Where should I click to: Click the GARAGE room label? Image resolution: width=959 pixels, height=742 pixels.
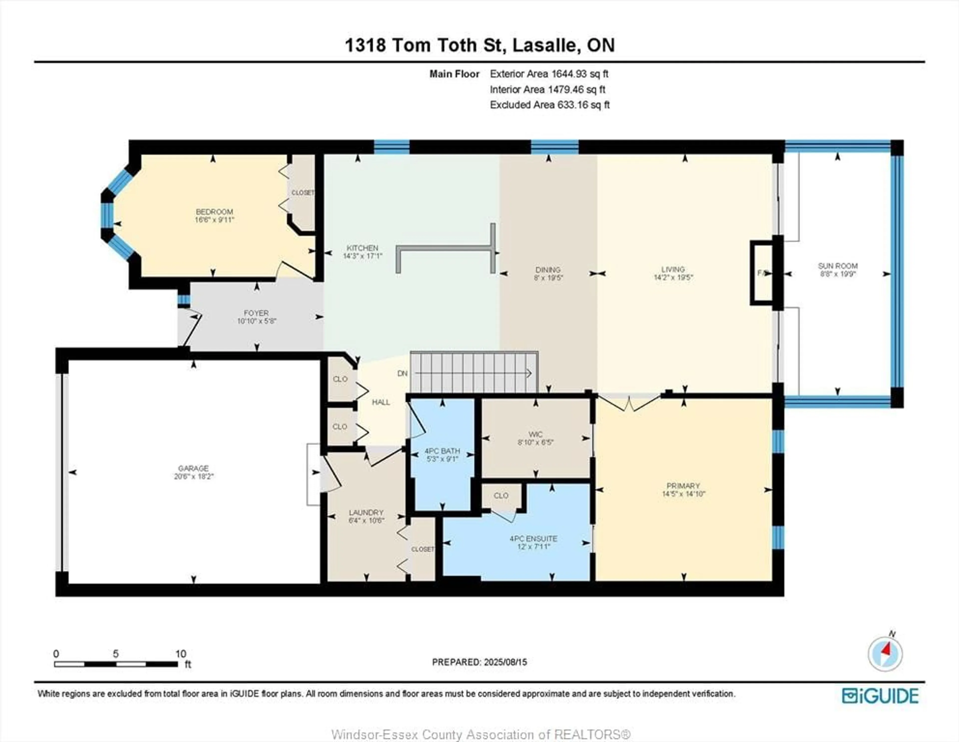point(193,468)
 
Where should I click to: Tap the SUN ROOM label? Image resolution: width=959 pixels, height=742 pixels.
point(837,266)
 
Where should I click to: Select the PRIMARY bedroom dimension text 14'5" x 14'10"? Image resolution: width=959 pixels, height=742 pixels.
point(683,494)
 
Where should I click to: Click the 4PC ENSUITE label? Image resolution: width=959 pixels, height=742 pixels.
point(533,539)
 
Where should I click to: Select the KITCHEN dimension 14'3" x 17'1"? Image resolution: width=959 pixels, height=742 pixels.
point(362,256)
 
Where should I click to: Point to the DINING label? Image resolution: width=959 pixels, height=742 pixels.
point(548,270)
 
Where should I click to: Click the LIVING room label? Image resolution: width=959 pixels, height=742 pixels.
point(673,269)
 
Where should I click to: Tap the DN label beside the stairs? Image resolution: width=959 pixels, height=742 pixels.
point(402,373)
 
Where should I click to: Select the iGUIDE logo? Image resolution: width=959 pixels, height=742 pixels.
point(880,696)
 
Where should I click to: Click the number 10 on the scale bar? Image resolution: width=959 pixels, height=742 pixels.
point(181,654)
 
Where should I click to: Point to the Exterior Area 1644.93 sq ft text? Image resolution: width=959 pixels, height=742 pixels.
point(549,74)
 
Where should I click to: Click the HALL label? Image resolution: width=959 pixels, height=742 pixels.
point(381,402)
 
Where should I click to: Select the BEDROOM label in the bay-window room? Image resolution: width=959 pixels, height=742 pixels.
point(214,212)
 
